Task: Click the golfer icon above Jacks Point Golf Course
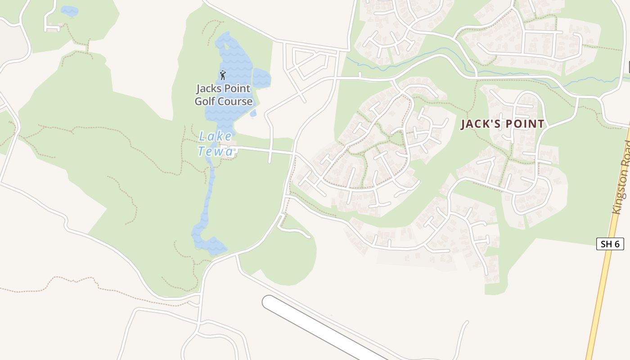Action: click(222, 75)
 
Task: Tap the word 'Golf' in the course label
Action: click(205, 101)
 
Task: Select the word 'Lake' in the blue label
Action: click(216, 136)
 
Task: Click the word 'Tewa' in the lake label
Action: click(216, 151)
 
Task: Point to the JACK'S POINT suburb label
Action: click(502, 124)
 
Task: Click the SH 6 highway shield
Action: click(610, 244)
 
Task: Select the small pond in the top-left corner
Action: click(69, 11)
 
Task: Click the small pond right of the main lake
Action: click(261, 78)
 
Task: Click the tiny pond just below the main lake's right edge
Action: click(253, 113)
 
